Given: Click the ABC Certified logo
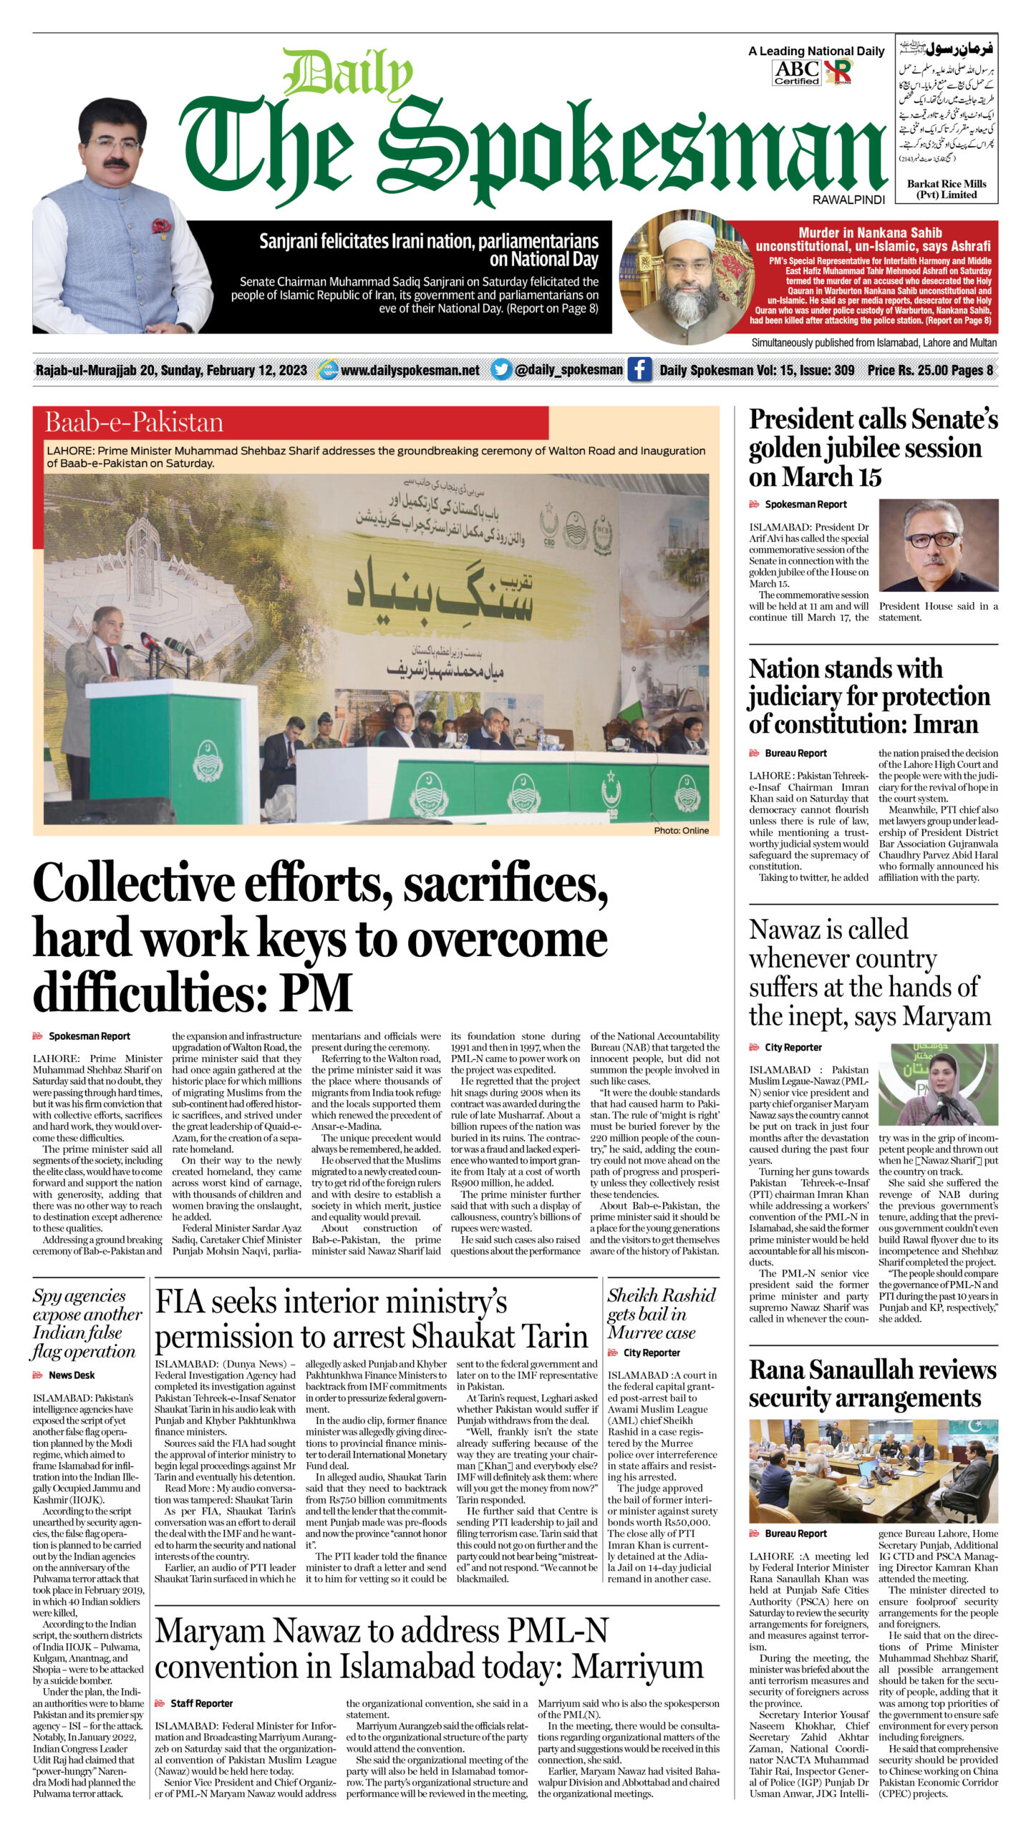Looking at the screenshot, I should tap(797, 72).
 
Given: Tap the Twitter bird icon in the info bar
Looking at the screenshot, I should tap(502, 369).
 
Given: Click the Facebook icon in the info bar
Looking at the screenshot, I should tap(639, 369).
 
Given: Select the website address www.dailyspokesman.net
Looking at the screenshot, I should tap(410, 370).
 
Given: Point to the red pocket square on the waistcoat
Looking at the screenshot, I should tap(161, 227).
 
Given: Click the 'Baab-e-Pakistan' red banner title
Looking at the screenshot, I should tap(134, 422).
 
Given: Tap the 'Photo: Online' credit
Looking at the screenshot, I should tap(681, 830).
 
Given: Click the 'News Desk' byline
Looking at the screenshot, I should tap(71, 1375).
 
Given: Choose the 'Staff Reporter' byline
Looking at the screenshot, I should tap(201, 1703).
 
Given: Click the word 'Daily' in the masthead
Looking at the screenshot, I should tap(349, 75).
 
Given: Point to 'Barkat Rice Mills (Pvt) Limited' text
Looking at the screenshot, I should tap(946, 189).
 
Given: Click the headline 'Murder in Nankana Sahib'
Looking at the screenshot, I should tap(870, 233).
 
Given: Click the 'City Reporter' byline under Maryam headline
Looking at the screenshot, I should tap(793, 1047).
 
